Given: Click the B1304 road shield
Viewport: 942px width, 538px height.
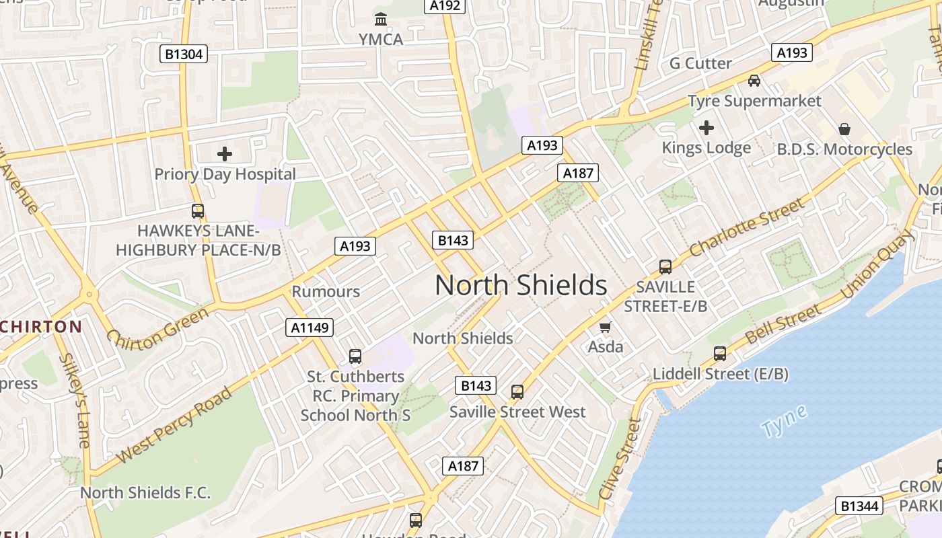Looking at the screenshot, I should click(x=184, y=54).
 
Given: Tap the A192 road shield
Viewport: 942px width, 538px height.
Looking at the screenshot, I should click(x=445, y=6).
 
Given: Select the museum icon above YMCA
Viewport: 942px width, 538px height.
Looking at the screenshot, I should click(x=381, y=19).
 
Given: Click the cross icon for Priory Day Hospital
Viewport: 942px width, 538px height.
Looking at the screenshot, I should click(x=225, y=154).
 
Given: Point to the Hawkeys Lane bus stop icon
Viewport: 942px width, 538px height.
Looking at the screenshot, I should click(x=198, y=211).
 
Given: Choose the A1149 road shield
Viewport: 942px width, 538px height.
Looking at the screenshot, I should click(x=310, y=328).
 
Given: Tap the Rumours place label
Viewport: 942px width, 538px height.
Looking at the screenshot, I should click(x=326, y=292).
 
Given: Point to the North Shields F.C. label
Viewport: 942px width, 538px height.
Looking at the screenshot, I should click(x=145, y=492).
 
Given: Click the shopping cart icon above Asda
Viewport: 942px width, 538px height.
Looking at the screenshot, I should click(x=606, y=328).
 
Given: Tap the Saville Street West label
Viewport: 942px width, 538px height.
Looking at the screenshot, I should click(x=517, y=412).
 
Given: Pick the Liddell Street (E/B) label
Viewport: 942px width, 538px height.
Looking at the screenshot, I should click(x=721, y=374).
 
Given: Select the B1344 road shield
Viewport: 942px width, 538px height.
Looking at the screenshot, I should click(x=861, y=506).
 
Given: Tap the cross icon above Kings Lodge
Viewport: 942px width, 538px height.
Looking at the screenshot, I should click(x=706, y=127).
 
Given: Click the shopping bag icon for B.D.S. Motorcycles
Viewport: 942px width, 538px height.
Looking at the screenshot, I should click(x=844, y=129).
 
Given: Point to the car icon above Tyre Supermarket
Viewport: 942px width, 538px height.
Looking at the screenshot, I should click(x=754, y=81).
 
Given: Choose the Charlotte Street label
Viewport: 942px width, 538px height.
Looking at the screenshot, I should click(x=746, y=227).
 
